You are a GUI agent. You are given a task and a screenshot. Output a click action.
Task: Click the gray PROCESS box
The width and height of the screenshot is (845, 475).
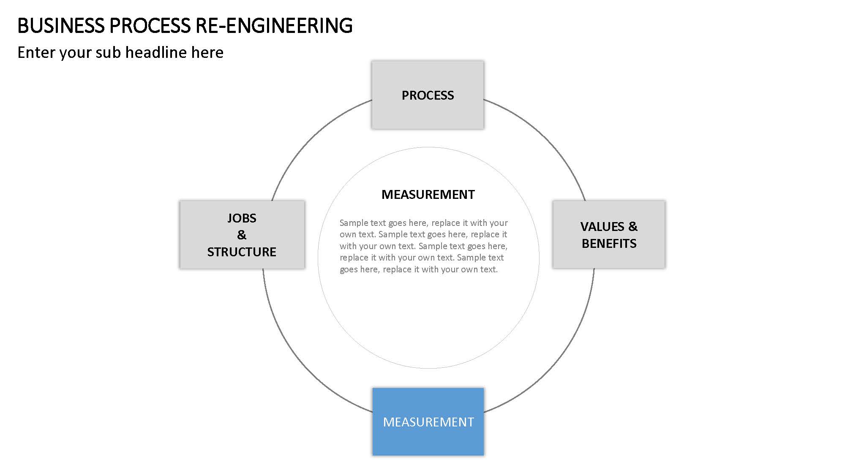(x=428, y=95)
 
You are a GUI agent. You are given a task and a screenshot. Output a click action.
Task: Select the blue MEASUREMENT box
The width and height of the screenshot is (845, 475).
(x=428, y=422)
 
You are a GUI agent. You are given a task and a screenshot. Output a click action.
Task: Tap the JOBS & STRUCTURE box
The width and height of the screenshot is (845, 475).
(x=242, y=234)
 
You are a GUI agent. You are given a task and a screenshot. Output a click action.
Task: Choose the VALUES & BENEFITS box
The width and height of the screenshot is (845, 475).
(x=609, y=234)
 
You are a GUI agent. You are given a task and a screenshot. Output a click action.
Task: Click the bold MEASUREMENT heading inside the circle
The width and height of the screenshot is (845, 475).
(x=428, y=194)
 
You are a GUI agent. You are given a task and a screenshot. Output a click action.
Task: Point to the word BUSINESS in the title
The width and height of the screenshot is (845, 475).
(x=61, y=26)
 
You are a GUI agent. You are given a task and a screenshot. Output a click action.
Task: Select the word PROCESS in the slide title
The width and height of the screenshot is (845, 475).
(x=150, y=26)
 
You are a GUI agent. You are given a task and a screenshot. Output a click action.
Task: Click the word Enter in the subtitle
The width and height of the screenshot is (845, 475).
(x=36, y=52)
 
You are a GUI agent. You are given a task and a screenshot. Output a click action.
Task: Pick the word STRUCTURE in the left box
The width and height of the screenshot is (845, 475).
(x=242, y=252)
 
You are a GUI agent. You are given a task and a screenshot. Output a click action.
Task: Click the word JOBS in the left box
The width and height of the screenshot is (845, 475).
(x=242, y=218)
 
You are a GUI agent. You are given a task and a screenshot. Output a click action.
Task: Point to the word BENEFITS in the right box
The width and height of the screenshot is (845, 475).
(x=609, y=244)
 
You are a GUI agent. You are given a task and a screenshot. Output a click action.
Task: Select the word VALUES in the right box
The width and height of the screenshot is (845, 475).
(x=602, y=227)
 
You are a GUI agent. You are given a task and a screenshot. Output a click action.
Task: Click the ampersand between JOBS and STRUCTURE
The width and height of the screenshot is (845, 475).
(x=242, y=235)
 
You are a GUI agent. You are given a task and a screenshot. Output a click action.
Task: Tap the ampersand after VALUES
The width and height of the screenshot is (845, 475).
(x=633, y=227)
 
